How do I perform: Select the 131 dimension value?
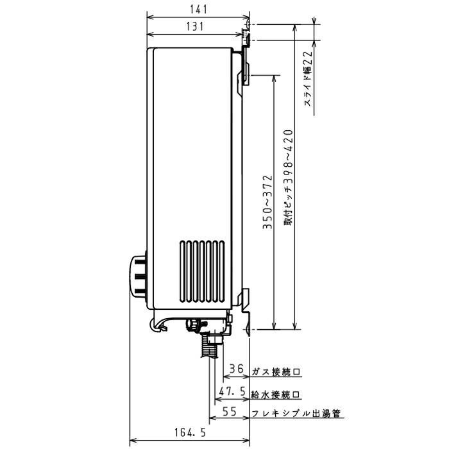pos(196,26)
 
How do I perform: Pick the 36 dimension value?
pos(237,369)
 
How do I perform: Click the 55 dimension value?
pos(230,412)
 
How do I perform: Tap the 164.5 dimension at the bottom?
pos(190,433)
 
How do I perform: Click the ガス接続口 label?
pos(276,371)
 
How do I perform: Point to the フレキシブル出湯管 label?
pos(296,414)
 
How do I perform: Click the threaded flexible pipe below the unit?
pos(208,347)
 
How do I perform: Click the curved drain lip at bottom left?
pos(160,326)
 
